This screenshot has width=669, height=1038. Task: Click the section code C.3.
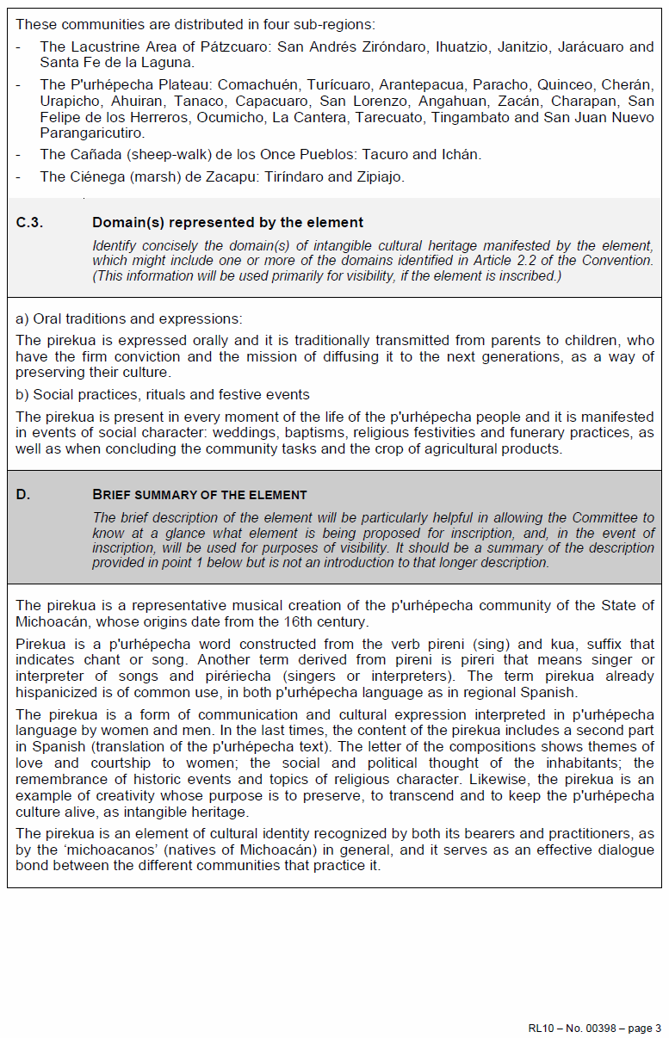[x=30, y=223]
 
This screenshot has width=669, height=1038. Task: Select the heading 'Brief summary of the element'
[x=199, y=495]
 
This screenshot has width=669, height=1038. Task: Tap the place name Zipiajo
[x=378, y=176]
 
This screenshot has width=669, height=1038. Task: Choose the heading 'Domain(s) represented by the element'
[x=227, y=223]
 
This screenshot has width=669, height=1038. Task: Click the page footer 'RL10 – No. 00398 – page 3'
[x=594, y=1028]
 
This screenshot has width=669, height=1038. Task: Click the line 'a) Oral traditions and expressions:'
[x=129, y=318]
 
